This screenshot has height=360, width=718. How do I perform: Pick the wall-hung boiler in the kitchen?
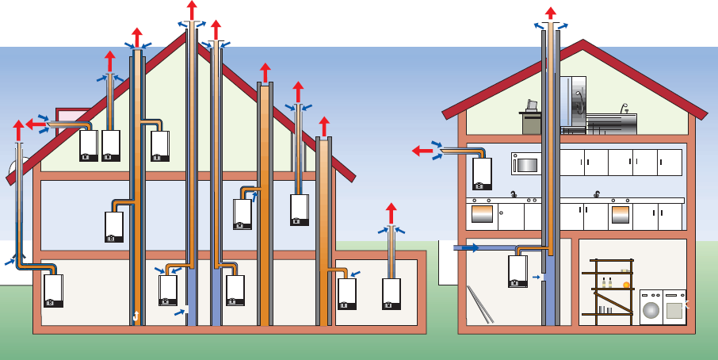[x=482, y=174]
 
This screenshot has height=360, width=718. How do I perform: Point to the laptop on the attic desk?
[x=532, y=105]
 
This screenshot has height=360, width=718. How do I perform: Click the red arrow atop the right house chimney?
[x=550, y=13]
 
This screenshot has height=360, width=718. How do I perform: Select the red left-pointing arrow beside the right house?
[x=419, y=151]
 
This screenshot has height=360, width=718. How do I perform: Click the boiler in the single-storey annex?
[x=391, y=293]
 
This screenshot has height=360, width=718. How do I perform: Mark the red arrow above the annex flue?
[x=391, y=213]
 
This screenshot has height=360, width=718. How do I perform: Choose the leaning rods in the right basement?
[x=480, y=304]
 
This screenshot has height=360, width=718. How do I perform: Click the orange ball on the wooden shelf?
[x=626, y=284]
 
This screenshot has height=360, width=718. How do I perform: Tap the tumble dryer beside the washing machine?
[x=675, y=308]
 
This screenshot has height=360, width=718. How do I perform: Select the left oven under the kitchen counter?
[x=482, y=214]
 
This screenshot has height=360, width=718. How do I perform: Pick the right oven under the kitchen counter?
[x=621, y=215]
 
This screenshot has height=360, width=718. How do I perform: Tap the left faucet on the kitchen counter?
[x=514, y=194]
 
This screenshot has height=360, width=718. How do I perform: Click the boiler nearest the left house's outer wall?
[x=53, y=290]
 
